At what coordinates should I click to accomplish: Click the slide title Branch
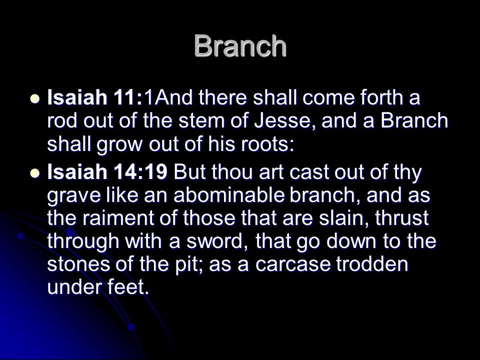[x=240, y=46]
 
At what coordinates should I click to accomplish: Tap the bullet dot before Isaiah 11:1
[x=35, y=99]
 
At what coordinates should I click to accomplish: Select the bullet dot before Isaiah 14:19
[x=35, y=173]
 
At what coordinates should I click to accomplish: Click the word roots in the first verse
[x=267, y=144]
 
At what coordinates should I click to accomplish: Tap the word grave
[x=74, y=196]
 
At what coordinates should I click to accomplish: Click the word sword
[x=217, y=241]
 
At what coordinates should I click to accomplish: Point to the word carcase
[x=292, y=265]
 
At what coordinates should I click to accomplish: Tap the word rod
[x=62, y=120]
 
